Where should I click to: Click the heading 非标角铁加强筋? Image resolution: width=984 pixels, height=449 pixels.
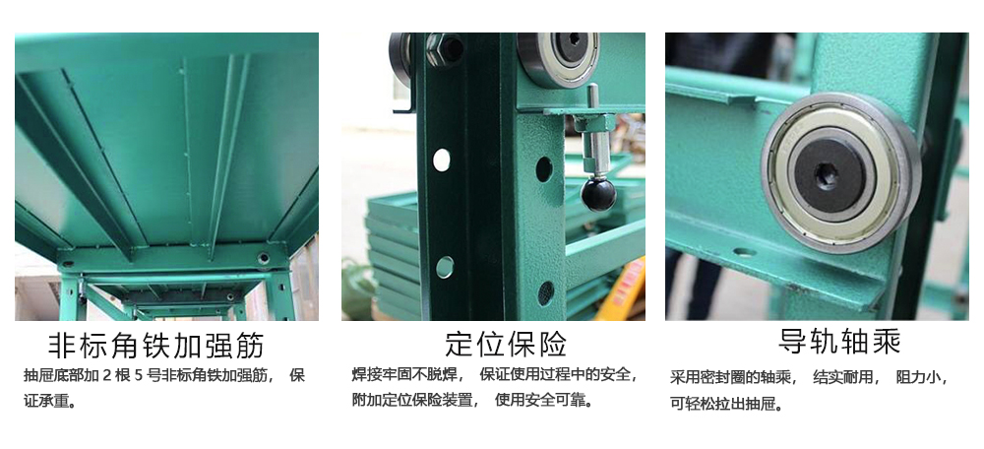(156, 346)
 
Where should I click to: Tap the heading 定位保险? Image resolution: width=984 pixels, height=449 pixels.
(506, 344)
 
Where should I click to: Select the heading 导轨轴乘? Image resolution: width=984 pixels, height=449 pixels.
(839, 342)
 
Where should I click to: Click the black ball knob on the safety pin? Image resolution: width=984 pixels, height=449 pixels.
(598, 195)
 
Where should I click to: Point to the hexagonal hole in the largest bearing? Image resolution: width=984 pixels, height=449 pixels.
(824, 171)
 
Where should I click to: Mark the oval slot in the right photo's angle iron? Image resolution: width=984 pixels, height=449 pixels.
(744, 252)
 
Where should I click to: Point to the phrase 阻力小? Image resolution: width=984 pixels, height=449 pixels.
(918, 378)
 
